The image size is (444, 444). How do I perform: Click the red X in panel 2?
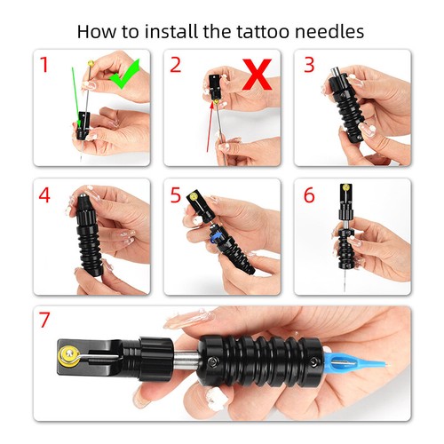click(257, 75)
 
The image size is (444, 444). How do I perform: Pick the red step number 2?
click(177, 65)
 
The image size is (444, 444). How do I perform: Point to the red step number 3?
click(309, 66)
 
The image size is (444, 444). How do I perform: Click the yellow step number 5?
click(176, 194)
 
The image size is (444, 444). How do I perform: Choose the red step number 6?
click(309, 195)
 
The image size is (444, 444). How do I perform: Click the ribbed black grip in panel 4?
click(89, 244)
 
